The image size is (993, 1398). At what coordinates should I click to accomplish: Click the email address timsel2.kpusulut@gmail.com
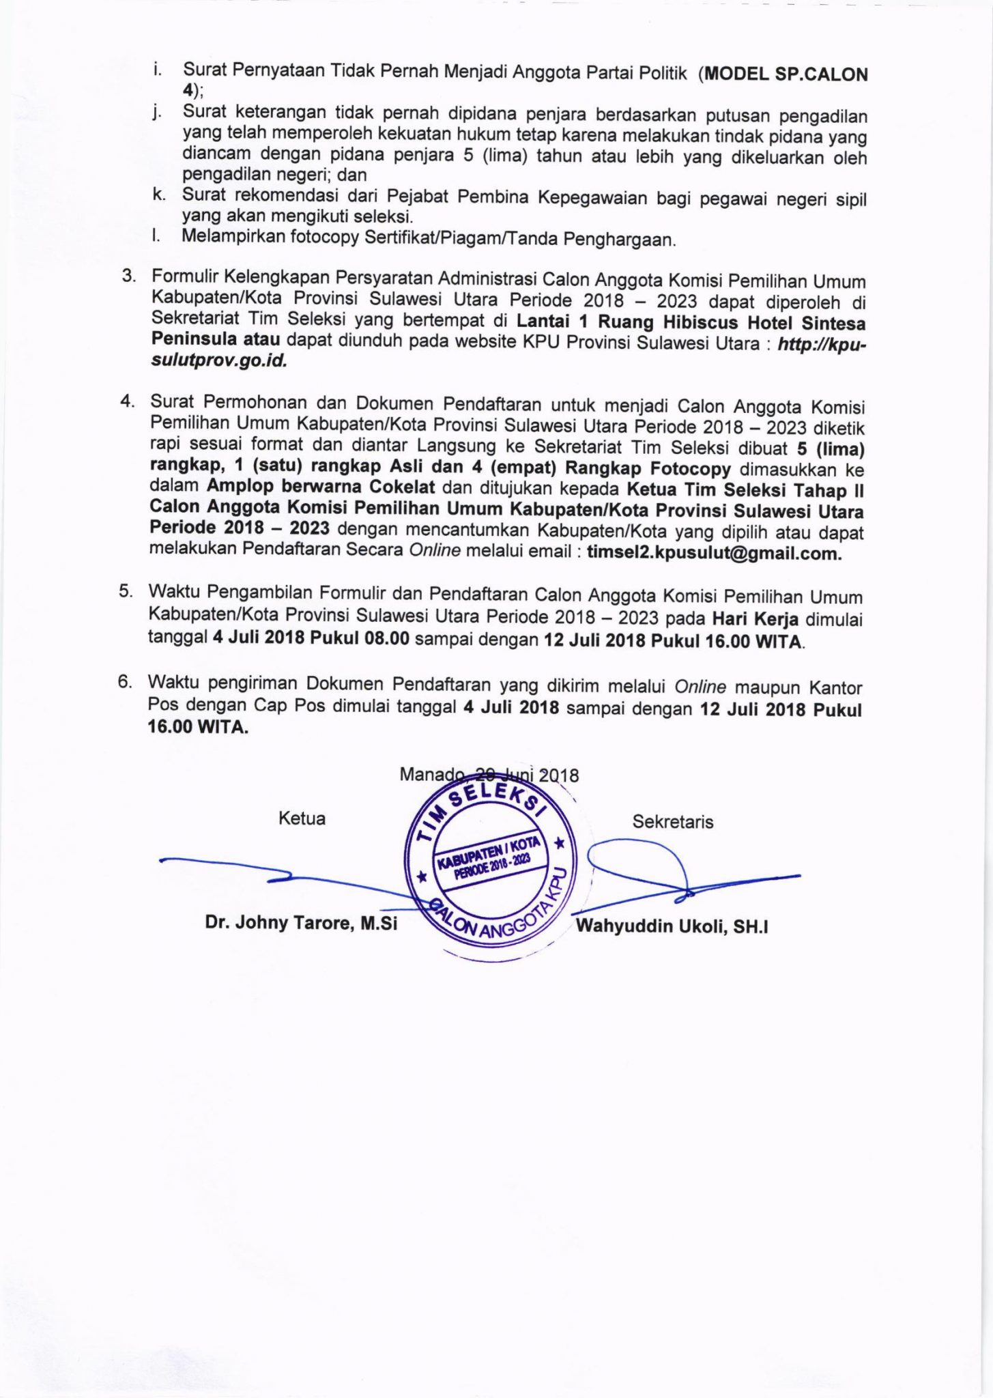click(714, 553)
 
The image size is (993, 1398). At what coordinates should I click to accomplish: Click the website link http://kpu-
click(822, 345)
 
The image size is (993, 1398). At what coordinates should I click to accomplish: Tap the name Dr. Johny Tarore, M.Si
click(301, 924)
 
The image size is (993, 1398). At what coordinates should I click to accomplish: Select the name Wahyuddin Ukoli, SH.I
click(672, 926)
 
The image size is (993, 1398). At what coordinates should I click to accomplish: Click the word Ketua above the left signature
click(302, 818)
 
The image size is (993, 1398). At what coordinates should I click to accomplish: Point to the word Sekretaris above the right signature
click(672, 822)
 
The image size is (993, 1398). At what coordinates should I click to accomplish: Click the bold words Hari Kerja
click(755, 619)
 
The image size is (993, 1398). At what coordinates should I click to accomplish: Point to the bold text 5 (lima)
click(830, 450)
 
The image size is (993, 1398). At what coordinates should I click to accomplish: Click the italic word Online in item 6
click(700, 686)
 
